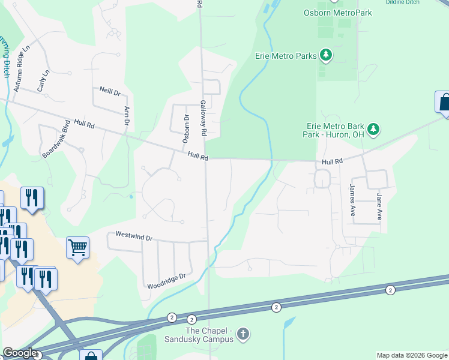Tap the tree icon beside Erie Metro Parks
click(x=326, y=56)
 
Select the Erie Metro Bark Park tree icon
click(x=373, y=128)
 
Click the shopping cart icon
click(x=77, y=247)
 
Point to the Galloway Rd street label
click(x=203, y=118)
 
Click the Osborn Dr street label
click(x=185, y=128)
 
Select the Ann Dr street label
click(x=127, y=116)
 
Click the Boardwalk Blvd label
click(x=56, y=139)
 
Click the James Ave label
click(x=353, y=200)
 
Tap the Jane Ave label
click(x=379, y=206)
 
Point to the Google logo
click(x=20, y=353)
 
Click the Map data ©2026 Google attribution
click(x=412, y=355)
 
